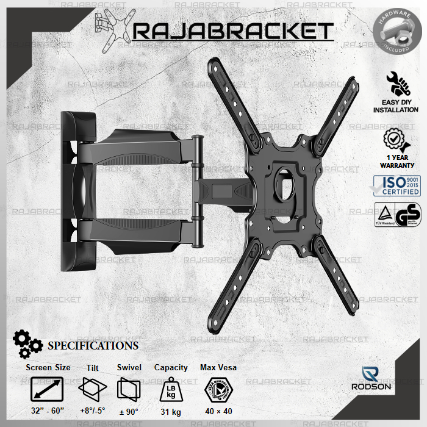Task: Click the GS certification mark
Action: (x=407, y=215)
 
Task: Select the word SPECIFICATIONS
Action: (x=93, y=346)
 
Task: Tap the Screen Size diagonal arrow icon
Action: (x=48, y=389)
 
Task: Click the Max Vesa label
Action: (x=218, y=367)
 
